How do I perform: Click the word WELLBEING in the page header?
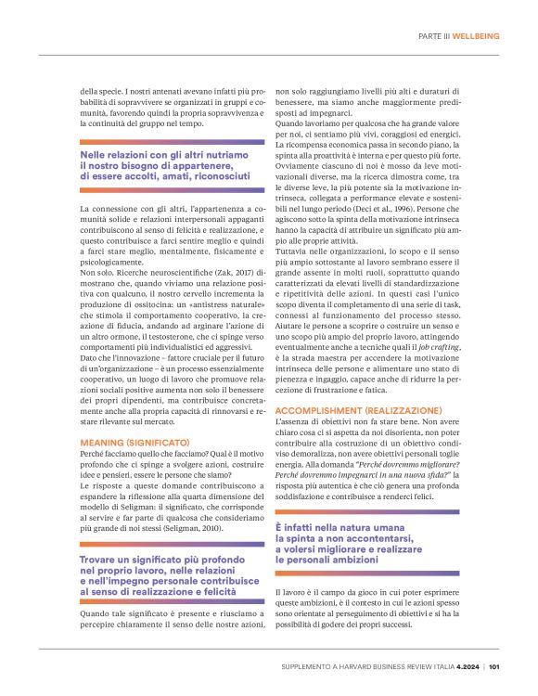click(x=476, y=36)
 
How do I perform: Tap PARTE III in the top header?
click(x=434, y=36)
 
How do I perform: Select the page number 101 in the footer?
click(x=494, y=665)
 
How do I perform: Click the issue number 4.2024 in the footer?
click(x=466, y=665)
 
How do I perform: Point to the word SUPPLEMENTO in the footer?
click(x=311, y=665)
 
